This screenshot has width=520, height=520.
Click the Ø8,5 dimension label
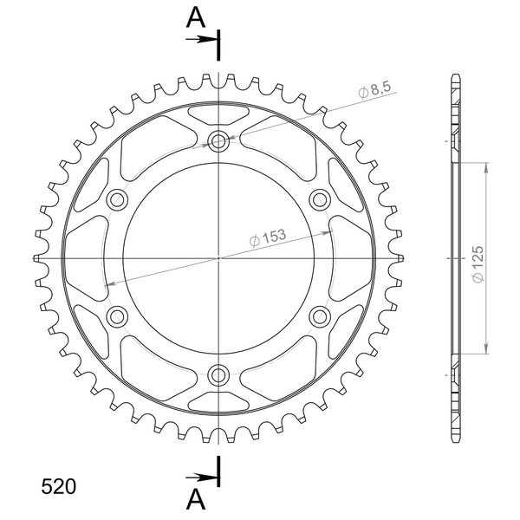click(374, 89)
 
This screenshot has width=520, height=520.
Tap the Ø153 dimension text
click(267, 237)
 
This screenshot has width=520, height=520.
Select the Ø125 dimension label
click(478, 264)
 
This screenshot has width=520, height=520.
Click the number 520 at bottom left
click(58, 487)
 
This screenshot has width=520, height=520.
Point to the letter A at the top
click(196, 17)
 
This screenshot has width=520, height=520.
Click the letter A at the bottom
click(196, 499)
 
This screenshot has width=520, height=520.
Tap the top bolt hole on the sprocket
click(218, 141)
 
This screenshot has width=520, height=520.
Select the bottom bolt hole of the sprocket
click(218, 375)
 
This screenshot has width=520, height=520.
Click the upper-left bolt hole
click(117, 200)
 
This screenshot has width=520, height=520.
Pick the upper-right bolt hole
click(320, 200)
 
